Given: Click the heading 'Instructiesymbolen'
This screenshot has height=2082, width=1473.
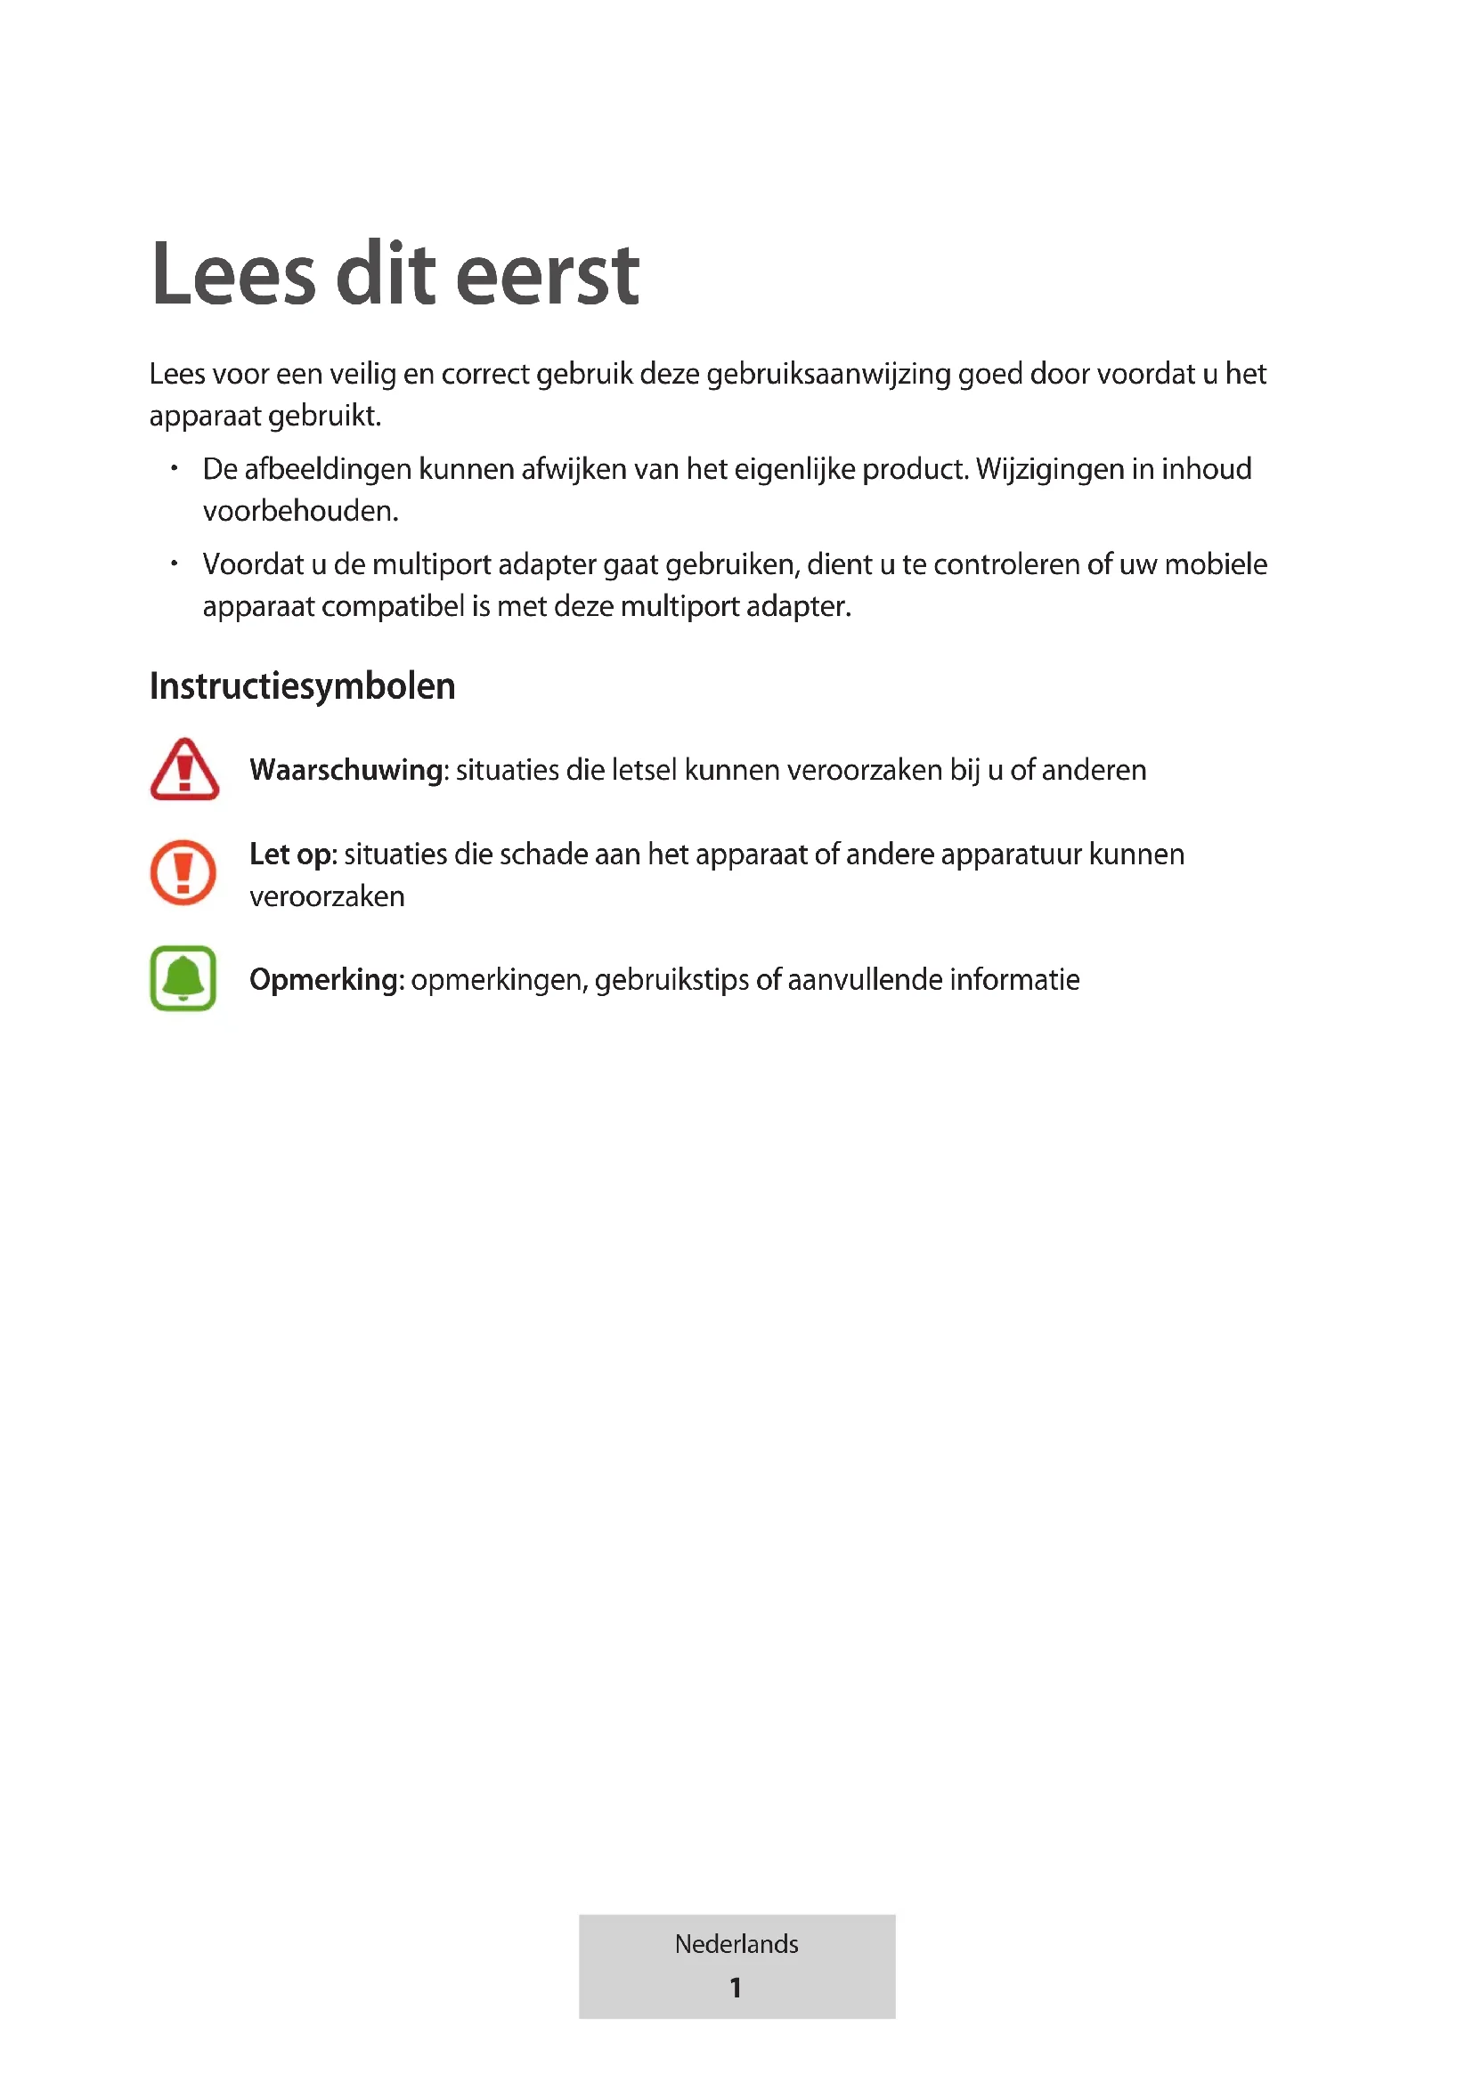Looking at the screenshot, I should [x=302, y=686].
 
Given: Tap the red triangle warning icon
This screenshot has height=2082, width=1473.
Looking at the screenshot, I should [x=184, y=770].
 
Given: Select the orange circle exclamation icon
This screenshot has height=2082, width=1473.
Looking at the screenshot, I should [x=183, y=872].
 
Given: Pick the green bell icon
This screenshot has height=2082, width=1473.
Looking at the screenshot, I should [x=183, y=978].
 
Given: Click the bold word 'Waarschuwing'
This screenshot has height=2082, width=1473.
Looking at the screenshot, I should [x=346, y=770].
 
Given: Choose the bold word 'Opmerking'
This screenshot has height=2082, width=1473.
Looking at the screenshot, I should [x=325, y=979].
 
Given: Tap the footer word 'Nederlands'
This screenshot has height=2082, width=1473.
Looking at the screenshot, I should [x=736, y=1944].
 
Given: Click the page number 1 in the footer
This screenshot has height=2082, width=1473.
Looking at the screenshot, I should [x=736, y=1988].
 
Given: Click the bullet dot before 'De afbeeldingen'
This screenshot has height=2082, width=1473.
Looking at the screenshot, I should [x=175, y=469].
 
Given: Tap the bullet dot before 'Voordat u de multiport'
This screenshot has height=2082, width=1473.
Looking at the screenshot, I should [x=175, y=564].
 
